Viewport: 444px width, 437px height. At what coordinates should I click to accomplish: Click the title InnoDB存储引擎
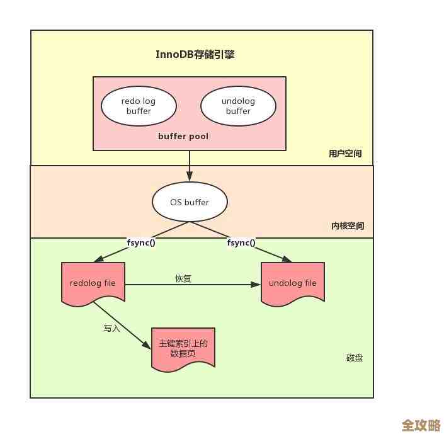click(195, 54)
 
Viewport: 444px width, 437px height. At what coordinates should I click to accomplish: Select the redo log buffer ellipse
click(139, 106)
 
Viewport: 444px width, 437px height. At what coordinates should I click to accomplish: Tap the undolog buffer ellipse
click(238, 106)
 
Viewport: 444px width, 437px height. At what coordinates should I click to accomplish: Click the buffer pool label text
click(183, 136)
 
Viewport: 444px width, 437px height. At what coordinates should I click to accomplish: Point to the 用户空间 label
click(345, 154)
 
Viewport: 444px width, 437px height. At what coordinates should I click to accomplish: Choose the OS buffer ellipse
click(190, 202)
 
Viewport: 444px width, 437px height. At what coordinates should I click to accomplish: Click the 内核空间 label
click(347, 226)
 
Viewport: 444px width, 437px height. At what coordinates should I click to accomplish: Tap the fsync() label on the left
click(141, 242)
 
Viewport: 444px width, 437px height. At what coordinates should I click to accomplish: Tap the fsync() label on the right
click(241, 242)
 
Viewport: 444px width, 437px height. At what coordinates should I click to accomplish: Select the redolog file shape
click(93, 283)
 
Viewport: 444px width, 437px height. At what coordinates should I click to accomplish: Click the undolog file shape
click(293, 283)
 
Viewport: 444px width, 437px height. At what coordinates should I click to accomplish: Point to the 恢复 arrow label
click(183, 278)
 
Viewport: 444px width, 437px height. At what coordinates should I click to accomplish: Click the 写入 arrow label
click(111, 328)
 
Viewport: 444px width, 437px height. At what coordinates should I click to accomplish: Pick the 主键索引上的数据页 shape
click(183, 348)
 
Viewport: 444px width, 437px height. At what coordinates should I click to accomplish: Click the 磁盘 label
click(354, 358)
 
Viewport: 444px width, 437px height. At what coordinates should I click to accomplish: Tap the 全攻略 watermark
click(421, 425)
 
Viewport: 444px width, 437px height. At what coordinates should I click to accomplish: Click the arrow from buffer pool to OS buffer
click(190, 166)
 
